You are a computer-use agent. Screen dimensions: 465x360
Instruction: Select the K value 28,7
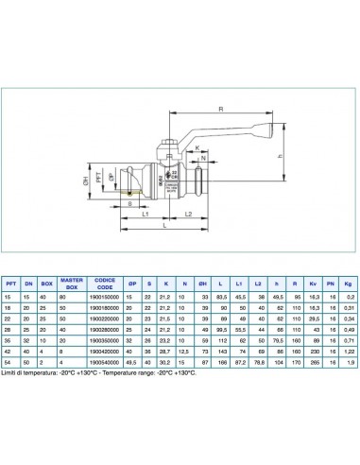pyautogui.click(x=164, y=350)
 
